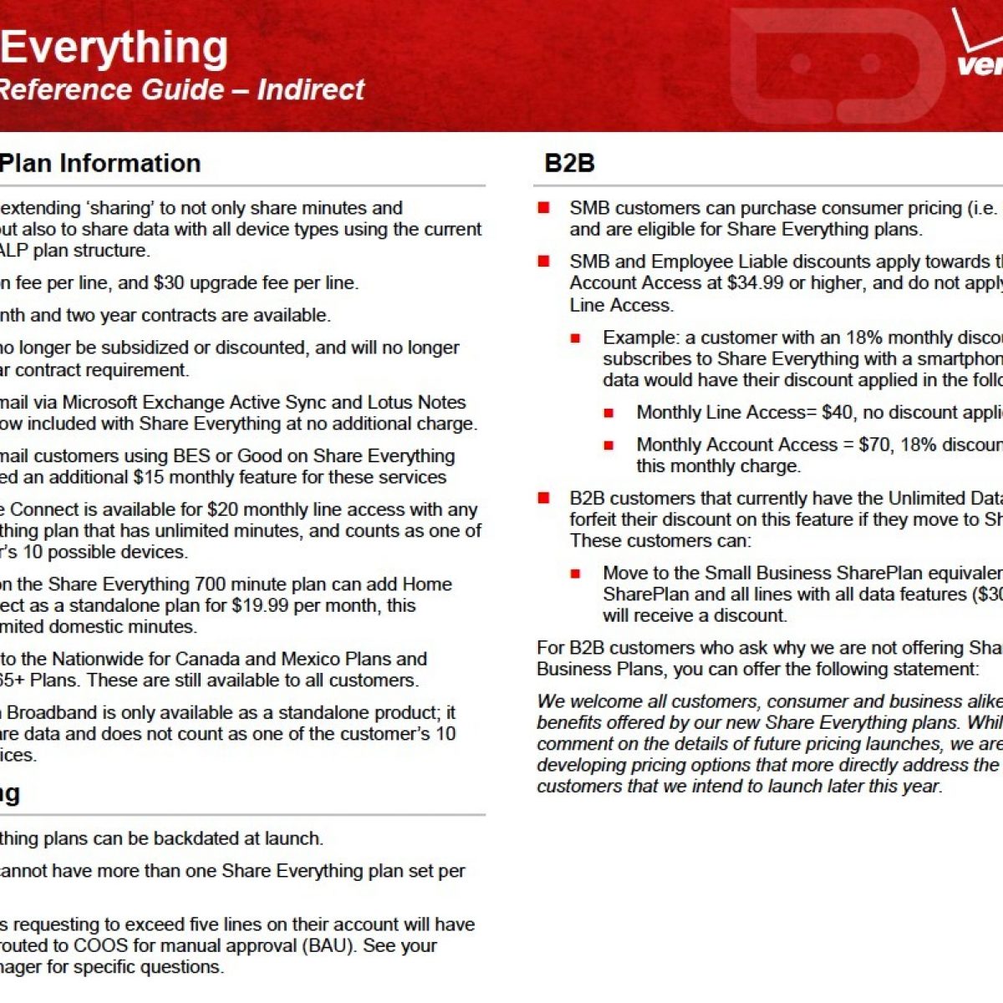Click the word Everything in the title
tap(114, 48)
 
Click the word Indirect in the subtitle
tap(310, 89)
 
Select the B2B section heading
tap(569, 162)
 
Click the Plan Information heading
tap(100, 162)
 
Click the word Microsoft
tap(104, 402)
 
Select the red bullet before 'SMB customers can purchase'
tap(544, 207)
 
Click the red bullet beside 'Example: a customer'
tap(576, 338)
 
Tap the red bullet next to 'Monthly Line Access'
tap(609, 412)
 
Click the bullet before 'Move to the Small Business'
tap(576, 573)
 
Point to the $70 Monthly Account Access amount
tap(872, 445)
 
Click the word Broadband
tap(48, 712)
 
